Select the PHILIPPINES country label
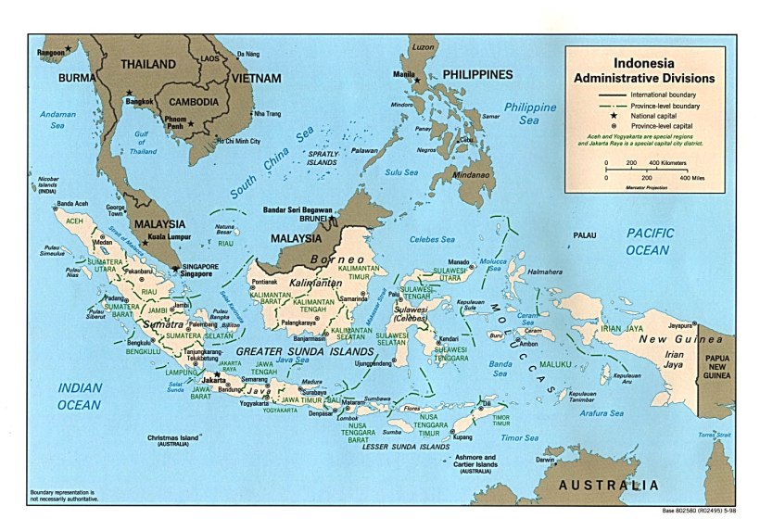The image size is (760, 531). coord(477,74)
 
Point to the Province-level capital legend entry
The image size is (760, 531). coord(664,125)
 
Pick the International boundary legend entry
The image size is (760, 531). coord(664,95)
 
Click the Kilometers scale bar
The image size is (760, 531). coord(646,171)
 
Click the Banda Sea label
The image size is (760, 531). coord(500,368)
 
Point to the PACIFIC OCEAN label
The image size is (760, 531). coord(648,241)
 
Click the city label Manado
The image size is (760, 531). coord(458,261)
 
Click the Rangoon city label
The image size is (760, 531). coord(50,53)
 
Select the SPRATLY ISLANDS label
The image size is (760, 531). coord(322,158)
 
